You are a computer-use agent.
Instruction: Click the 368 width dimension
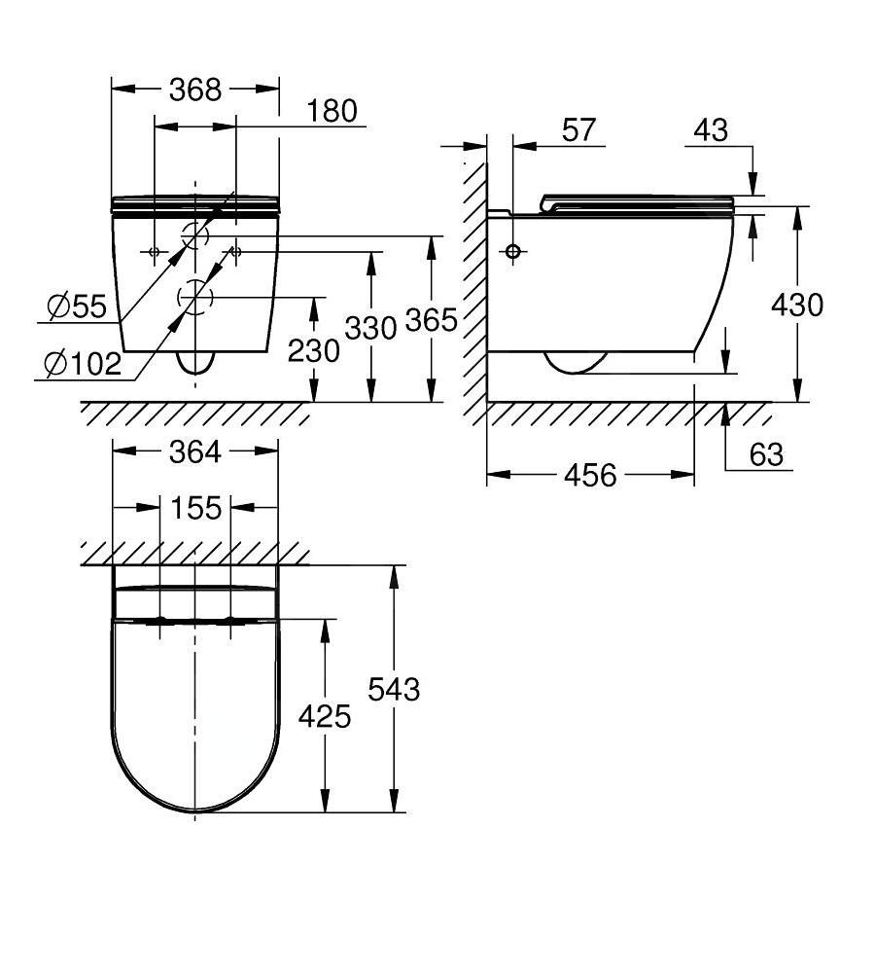(195, 90)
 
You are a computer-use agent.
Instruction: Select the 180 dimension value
(332, 111)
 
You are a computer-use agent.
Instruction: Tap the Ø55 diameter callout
(77, 307)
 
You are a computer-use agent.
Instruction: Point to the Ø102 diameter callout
(83, 365)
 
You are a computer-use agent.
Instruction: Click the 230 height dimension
(313, 350)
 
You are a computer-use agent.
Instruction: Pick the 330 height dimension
(370, 328)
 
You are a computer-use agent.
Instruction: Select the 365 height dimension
(430, 319)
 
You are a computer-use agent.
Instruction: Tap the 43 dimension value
(712, 130)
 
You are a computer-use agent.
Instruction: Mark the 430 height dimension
(796, 305)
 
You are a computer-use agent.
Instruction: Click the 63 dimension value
(766, 454)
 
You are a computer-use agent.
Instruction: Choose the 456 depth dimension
(590, 475)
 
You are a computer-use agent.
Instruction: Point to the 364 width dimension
(195, 451)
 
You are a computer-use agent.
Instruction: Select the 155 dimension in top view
(195, 508)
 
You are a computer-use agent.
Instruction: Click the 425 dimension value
(324, 717)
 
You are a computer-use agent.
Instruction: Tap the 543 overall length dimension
(394, 689)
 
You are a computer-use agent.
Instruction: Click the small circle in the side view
(514, 251)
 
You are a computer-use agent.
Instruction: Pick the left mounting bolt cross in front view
(154, 252)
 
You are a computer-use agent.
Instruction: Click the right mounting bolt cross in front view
(236, 252)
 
